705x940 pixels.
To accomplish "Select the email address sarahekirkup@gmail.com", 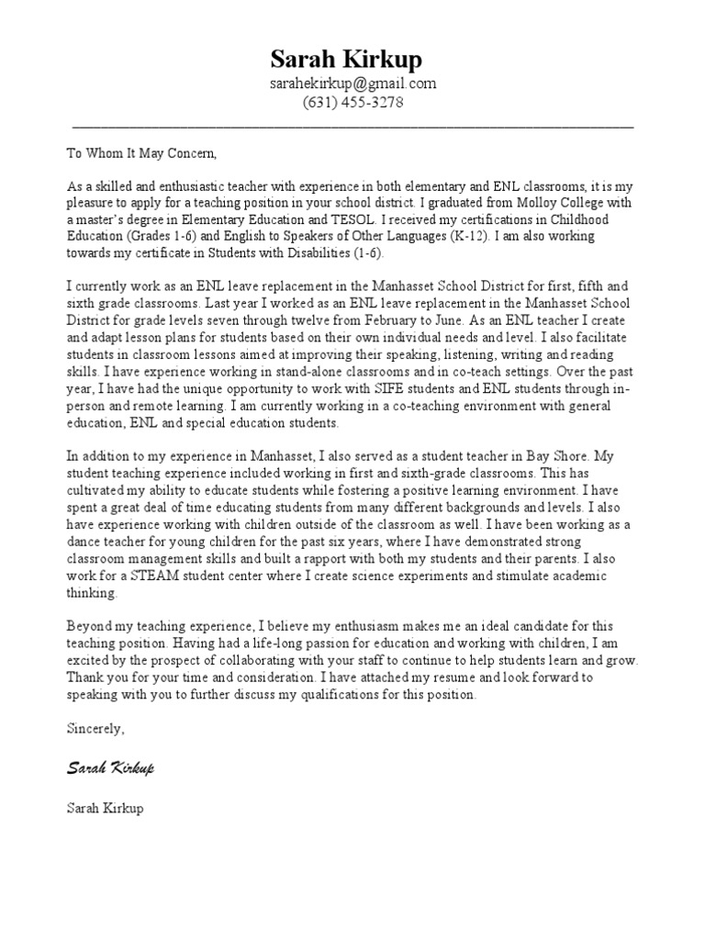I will tap(352, 84).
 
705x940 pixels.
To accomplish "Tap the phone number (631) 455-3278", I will tap(352, 103).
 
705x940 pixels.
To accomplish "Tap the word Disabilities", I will tap(312, 252).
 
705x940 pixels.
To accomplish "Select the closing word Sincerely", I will tap(95, 729).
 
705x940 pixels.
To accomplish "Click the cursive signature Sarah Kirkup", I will tap(110, 767).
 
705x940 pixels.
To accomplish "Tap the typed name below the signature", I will tap(105, 810).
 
